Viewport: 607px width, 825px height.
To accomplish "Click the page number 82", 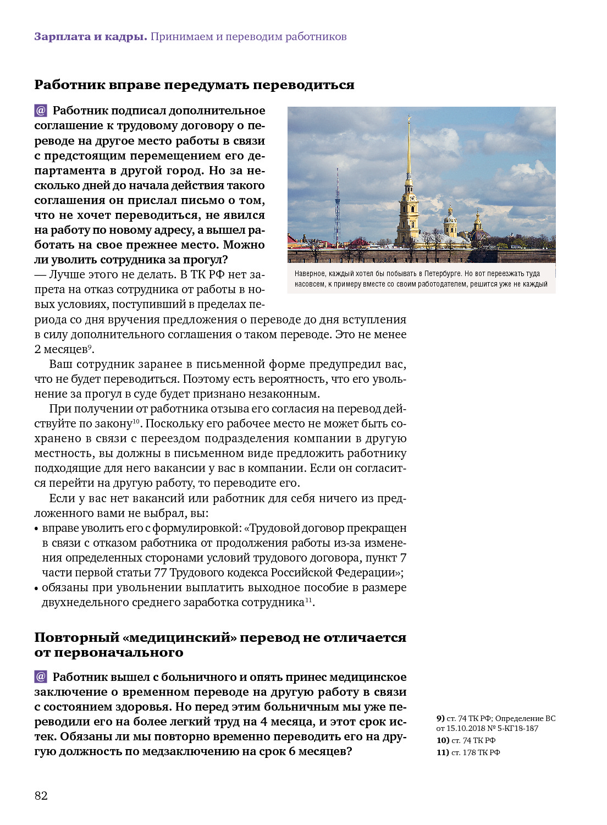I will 41,795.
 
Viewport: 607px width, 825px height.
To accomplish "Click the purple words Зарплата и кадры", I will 90,37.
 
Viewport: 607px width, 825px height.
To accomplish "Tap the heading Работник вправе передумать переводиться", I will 194,85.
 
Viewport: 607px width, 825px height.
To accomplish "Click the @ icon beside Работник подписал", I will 41,111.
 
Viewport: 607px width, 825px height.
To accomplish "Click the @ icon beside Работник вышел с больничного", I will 41,676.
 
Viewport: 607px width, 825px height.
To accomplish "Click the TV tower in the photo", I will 338,209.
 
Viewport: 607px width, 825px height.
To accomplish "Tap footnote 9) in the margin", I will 440,718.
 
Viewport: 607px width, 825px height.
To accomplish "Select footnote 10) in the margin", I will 443,740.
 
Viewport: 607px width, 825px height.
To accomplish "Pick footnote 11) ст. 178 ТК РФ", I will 468,752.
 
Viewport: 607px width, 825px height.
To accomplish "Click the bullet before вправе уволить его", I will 36,529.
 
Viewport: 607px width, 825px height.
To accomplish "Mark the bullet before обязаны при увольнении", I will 36,588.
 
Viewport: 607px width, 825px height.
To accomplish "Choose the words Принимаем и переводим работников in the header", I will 249,37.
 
